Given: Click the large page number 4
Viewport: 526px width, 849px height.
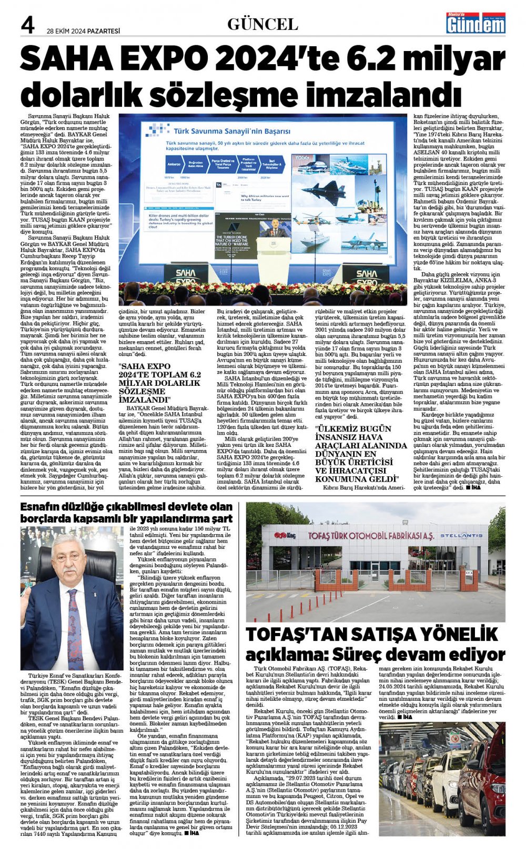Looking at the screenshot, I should pos(28,25).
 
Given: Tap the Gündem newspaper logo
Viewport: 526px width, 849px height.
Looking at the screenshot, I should pos(476,23).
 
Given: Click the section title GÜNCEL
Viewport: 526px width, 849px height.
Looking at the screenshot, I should pos(262,24).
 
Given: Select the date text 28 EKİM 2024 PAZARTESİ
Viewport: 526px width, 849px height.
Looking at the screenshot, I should pos(83,31).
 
